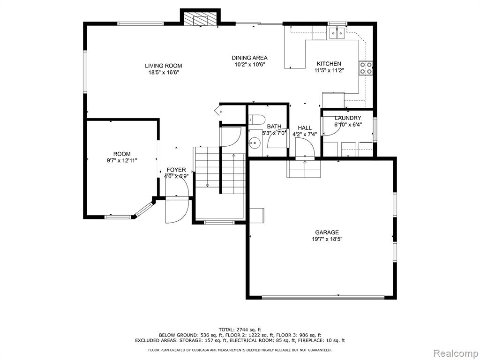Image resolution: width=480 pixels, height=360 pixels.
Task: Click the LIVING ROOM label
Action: [x=164, y=66]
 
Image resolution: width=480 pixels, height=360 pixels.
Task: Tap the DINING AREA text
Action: [x=249, y=58]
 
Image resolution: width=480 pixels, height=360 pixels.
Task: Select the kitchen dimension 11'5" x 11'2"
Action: [x=329, y=70]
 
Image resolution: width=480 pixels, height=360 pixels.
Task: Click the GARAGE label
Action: [x=327, y=232]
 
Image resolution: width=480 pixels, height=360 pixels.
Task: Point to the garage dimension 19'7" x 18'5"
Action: [x=327, y=239]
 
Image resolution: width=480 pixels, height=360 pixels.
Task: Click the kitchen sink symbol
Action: [x=337, y=33]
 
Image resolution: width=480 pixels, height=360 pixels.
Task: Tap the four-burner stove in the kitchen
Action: [x=366, y=68]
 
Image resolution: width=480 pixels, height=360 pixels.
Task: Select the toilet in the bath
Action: [x=256, y=120]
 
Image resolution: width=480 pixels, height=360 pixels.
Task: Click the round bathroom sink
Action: [x=255, y=142]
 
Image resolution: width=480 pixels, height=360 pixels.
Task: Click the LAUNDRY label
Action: [x=348, y=118]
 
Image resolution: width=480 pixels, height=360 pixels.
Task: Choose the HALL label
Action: [x=305, y=127]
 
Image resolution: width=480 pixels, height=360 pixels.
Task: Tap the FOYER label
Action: [x=176, y=170]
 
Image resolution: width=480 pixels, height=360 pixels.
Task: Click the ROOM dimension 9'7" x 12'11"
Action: [x=122, y=160]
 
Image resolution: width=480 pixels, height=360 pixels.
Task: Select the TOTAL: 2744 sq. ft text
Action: [x=240, y=330]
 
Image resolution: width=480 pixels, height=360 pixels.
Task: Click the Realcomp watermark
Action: [x=456, y=353]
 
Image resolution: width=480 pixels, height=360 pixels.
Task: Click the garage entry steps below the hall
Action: [x=304, y=169]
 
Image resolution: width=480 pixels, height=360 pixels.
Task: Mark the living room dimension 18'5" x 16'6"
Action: [x=164, y=73]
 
